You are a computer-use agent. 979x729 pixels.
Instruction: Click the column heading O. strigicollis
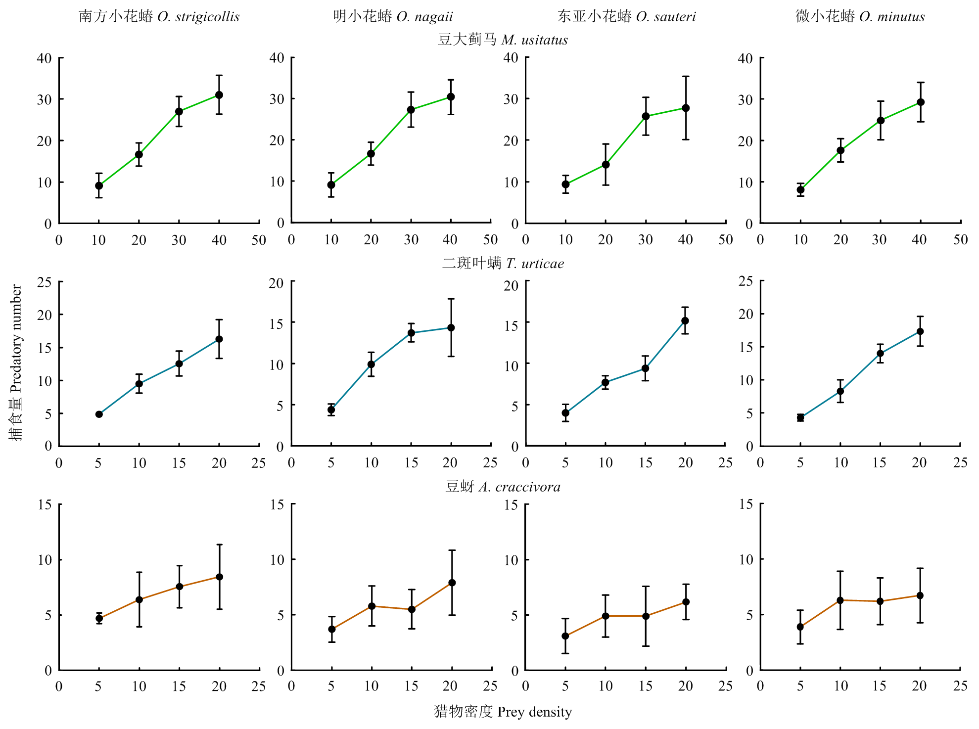159,17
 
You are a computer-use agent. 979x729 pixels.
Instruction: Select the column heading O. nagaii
393,17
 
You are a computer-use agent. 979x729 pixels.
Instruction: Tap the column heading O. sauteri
626,17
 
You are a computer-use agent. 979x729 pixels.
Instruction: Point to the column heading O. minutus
860,17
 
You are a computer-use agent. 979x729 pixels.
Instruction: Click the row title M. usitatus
503,40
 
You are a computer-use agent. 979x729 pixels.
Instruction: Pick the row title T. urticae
503,263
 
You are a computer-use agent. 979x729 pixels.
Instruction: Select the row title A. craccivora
503,487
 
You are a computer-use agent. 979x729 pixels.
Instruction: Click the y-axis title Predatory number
16,362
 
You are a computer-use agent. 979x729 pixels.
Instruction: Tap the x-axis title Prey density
503,712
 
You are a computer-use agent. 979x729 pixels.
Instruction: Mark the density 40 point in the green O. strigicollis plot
219,95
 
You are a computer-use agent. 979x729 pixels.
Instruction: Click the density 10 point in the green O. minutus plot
800,190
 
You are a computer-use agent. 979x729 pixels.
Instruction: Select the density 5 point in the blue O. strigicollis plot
99,414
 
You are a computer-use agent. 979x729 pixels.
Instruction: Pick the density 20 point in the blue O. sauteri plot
685,321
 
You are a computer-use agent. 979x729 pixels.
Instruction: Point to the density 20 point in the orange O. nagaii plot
452,583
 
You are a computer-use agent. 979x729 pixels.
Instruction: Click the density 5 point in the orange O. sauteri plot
565,636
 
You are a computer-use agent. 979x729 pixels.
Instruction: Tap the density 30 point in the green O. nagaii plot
411,110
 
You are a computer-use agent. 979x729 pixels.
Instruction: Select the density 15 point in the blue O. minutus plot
881,354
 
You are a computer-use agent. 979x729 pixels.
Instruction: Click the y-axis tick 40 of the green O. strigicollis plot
45,58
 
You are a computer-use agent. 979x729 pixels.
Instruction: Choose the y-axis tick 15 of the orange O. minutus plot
746,504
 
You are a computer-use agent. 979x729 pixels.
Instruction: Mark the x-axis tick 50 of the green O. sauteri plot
725,240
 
